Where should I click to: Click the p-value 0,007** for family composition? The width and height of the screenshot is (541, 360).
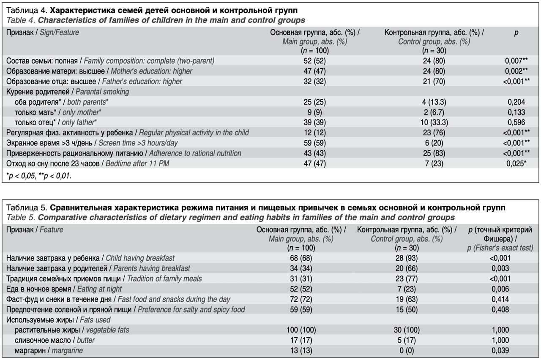[516, 61]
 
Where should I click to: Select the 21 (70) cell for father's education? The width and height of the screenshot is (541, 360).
[434, 82]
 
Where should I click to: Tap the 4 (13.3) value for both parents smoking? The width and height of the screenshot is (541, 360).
[434, 102]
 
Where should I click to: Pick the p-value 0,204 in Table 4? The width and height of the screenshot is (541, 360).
[516, 102]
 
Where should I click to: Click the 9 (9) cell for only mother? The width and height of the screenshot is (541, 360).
[314, 112]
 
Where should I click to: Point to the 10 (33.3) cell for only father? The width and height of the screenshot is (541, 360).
[434, 123]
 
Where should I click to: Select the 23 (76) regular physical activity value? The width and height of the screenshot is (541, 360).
[434, 133]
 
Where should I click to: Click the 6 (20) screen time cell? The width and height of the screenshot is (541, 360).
[434, 143]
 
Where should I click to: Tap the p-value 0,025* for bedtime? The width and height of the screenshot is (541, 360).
[516, 164]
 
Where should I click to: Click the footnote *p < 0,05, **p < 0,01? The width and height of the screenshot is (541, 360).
[38, 176]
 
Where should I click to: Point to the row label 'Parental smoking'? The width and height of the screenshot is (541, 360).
[102, 92]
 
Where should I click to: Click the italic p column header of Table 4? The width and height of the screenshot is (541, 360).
[516, 33]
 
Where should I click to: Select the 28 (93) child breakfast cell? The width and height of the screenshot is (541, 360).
[407, 258]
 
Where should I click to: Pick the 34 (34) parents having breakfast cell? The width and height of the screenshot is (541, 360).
[301, 268]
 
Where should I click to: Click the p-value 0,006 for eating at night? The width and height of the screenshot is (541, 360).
[500, 289]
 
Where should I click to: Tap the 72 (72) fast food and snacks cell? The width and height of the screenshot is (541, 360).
[301, 299]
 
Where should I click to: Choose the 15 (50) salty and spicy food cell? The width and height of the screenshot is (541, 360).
[407, 310]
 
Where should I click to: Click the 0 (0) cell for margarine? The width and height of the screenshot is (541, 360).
[407, 350]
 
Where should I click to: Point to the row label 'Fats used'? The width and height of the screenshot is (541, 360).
[95, 320]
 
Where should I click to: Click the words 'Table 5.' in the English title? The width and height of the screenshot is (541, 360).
[21, 218]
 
